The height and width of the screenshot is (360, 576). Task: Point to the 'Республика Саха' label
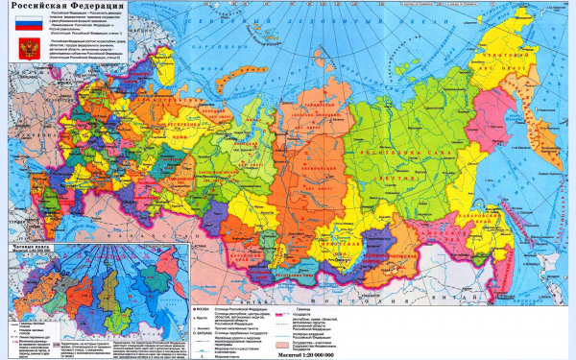pos(388,153)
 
